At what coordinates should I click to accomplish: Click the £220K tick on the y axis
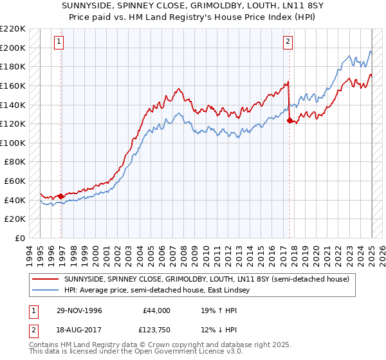(13, 29)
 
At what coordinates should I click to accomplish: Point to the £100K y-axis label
(13, 143)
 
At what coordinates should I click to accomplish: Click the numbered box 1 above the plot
(59, 42)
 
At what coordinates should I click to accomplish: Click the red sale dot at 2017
(289, 120)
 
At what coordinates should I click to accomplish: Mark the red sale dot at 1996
(61, 196)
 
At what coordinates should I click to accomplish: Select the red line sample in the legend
(46, 280)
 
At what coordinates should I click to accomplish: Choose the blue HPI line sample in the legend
(46, 291)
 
